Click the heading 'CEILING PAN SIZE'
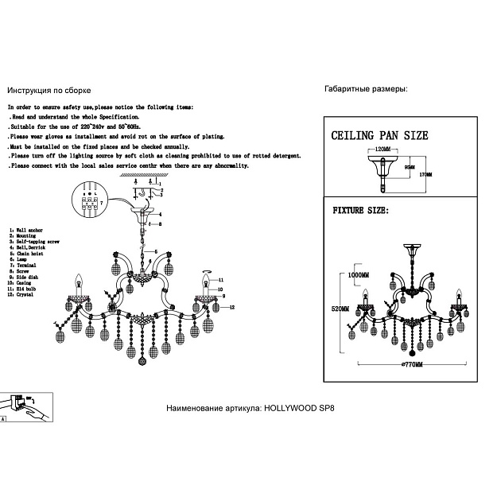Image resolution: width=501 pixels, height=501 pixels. (379, 135)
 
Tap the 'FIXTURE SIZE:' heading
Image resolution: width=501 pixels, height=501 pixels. (359, 211)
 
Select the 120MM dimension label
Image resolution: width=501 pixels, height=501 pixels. (383, 149)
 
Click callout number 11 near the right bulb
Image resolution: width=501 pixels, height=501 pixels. (221, 280)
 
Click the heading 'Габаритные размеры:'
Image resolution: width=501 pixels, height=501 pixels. (366, 89)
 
